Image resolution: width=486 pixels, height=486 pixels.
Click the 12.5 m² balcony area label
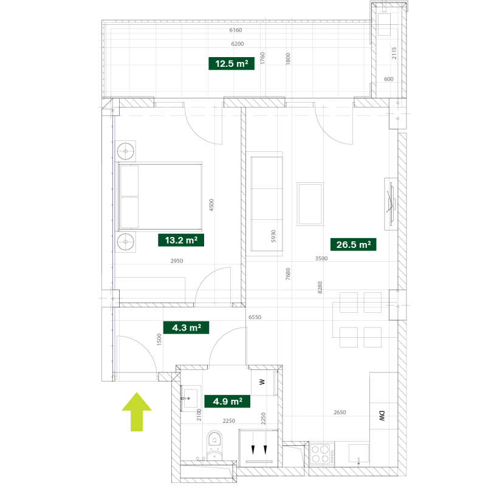pos(231,64)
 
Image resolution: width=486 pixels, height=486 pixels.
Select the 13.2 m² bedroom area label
pos(181,240)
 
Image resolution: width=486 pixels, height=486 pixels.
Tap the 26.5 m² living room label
pos(354,245)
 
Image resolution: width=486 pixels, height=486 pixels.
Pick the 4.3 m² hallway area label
pos(187,327)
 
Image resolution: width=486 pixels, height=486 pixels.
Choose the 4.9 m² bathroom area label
pos(227,402)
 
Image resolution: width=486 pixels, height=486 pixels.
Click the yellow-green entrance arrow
pos(137,412)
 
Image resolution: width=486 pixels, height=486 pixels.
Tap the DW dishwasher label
pos(382,416)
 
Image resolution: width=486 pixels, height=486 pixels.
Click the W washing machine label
pos(262,382)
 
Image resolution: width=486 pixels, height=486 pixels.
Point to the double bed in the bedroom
pos(160,196)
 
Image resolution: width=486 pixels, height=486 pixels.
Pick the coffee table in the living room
pos(310,204)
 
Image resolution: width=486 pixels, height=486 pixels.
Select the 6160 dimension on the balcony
pos(236,30)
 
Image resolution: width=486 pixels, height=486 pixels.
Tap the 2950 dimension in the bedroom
pos(177,261)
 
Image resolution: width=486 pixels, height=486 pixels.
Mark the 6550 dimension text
pos(255,317)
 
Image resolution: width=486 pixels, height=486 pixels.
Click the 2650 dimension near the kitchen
pos(340,412)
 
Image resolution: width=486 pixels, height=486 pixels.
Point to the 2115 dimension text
pos(394,53)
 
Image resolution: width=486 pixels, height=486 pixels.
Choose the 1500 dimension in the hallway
pos(159,340)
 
